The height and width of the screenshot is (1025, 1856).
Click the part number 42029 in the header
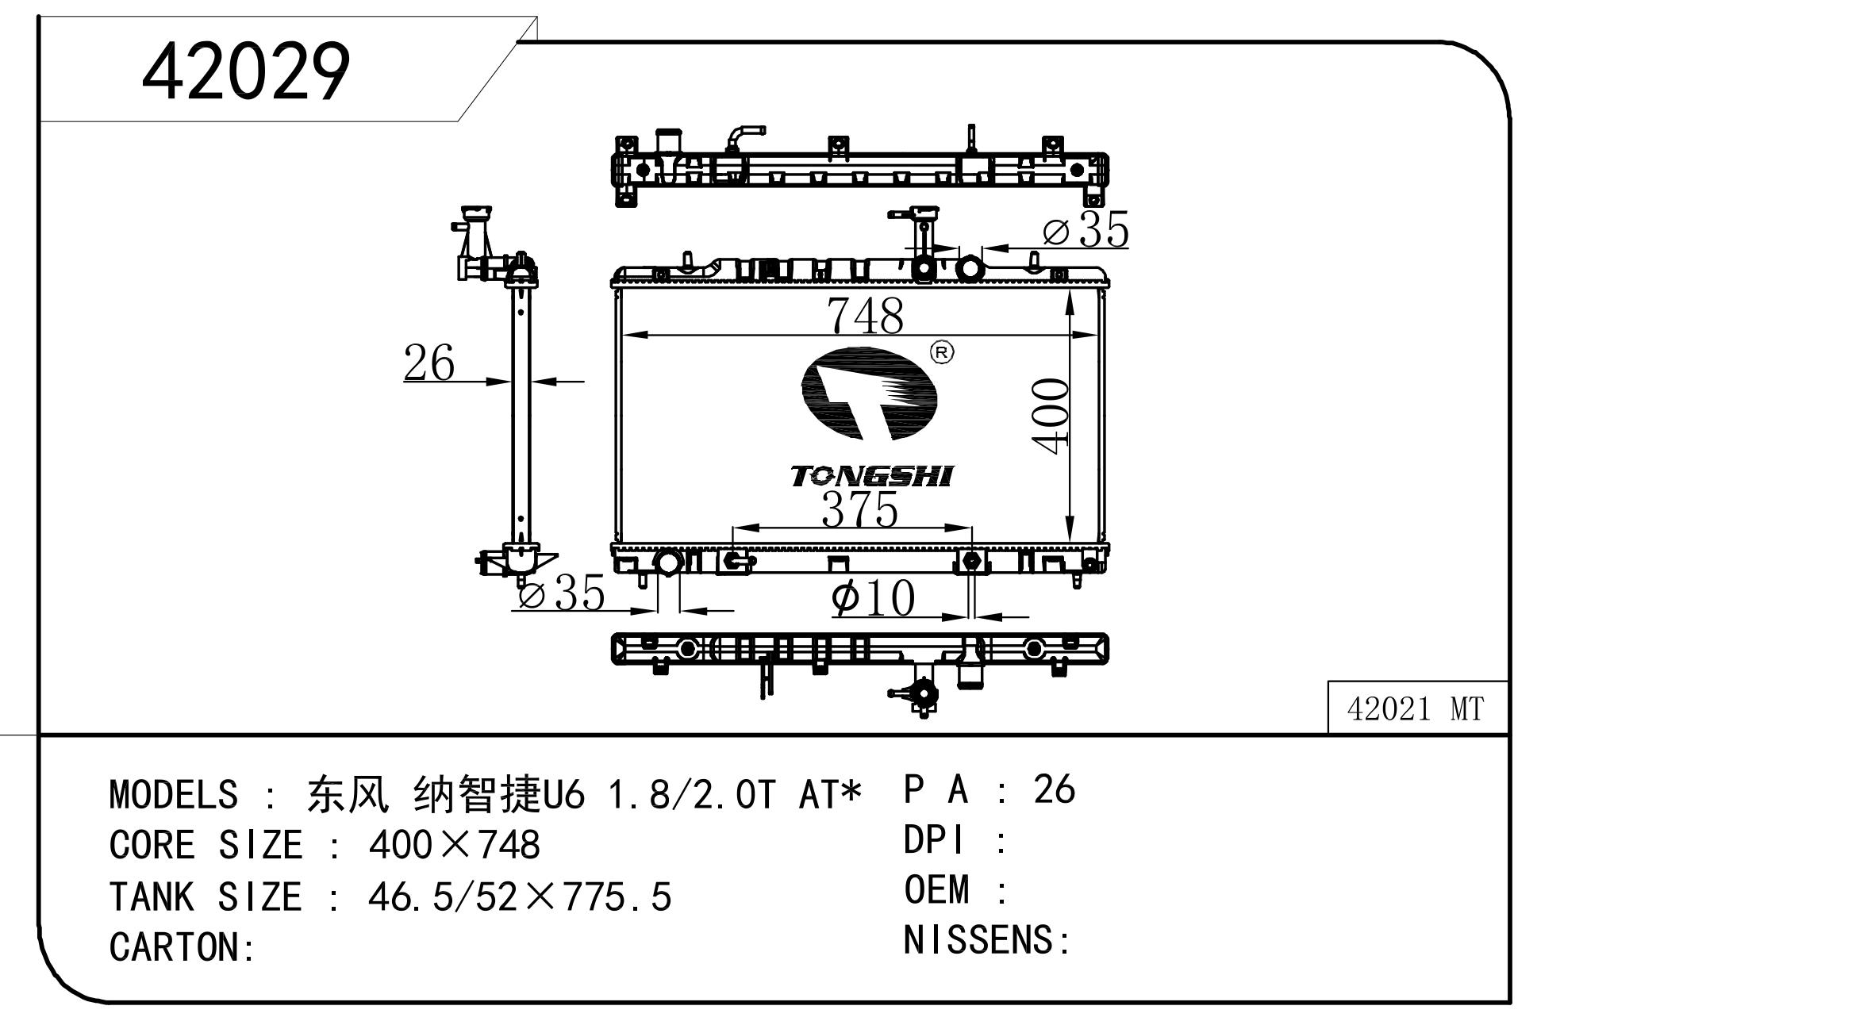(x=246, y=71)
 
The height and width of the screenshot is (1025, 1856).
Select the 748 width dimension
(x=865, y=315)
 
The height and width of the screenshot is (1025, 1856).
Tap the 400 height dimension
(x=1051, y=417)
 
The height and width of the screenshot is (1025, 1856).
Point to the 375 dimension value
(x=859, y=509)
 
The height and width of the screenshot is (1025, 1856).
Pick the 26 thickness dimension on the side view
(x=429, y=363)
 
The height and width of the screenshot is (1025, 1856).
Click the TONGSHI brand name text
(x=871, y=476)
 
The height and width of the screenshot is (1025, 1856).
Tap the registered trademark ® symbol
(x=942, y=352)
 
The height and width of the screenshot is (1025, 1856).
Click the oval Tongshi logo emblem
(x=869, y=393)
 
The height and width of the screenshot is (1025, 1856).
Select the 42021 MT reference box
(x=1417, y=708)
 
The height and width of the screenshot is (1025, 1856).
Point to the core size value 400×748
(x=454, y=845)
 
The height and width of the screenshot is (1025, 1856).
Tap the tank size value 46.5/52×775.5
(x=520, y=896)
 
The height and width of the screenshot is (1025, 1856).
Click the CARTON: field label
(x=182, y=947)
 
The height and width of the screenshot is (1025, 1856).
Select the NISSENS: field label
(x=987, y=940)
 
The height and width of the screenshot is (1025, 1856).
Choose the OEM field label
(x=936, y=889)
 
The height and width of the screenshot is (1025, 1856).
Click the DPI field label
(x=934, y=839)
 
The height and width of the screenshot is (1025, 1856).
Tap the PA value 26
(x=1054, y=789)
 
